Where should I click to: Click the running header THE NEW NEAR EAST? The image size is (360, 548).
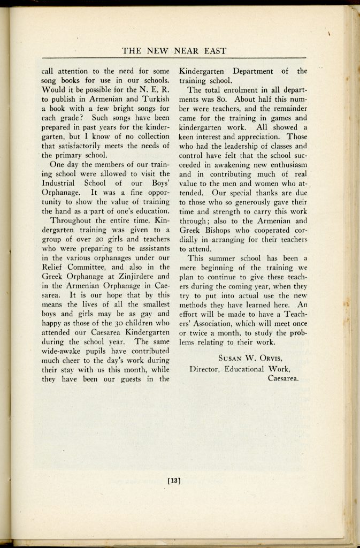click(x=174, y=51)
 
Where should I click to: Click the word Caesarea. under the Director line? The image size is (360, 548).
click(x=283, y=378)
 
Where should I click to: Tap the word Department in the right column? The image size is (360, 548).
click(x=250, y=71)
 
